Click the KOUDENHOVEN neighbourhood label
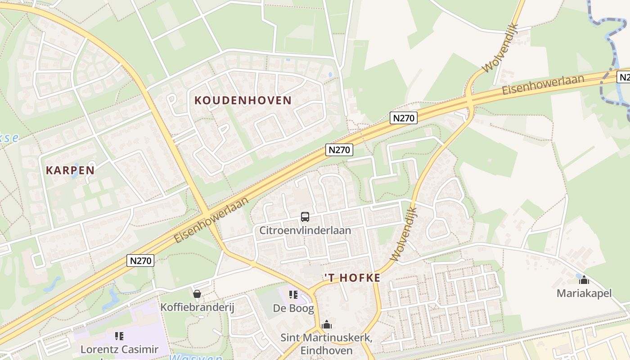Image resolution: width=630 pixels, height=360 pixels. [243, 100]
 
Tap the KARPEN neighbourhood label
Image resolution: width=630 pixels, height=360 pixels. [70, 170]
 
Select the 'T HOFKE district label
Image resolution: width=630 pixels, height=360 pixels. [352, 278]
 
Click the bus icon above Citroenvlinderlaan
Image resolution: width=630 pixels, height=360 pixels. [305, 217]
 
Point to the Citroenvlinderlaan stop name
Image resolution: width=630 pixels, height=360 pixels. [305, 230]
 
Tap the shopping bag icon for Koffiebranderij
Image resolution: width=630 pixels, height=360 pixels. [197, 294]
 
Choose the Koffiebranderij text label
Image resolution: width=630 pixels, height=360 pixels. [198, 307]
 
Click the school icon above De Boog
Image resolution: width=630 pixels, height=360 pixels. [293, 295]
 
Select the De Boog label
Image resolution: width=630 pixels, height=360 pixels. [293, 308]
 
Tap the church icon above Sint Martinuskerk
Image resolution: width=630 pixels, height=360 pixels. [326, 324]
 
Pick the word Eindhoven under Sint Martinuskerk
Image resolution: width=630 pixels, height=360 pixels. [326, 350]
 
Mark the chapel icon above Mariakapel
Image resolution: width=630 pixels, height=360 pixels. [584, 280]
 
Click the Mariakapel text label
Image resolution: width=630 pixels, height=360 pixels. [584, 293]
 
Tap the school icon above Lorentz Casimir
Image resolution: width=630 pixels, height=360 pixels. [119, 336]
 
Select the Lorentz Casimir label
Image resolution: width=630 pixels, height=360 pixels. [119, 349]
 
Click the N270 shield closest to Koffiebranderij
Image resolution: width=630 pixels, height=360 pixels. [140, 260]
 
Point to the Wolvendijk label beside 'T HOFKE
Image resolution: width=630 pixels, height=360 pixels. [404, 234]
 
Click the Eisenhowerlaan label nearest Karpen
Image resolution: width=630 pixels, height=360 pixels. [211, 220]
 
